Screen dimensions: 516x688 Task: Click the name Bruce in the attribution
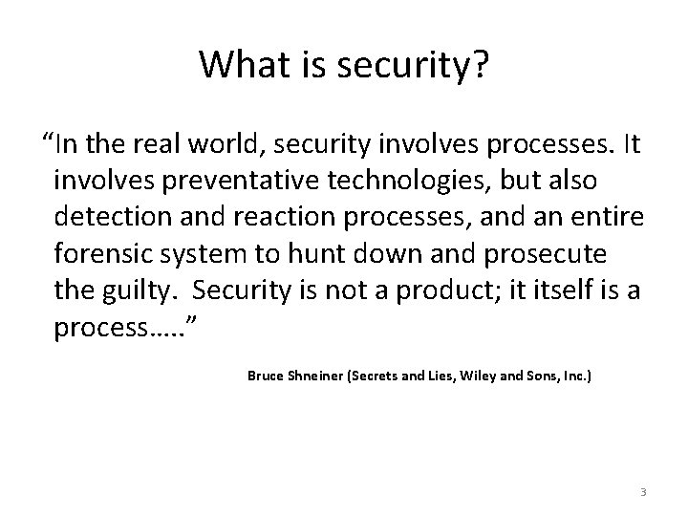click(265, 376)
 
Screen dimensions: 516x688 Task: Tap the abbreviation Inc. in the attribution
click(574, 376)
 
